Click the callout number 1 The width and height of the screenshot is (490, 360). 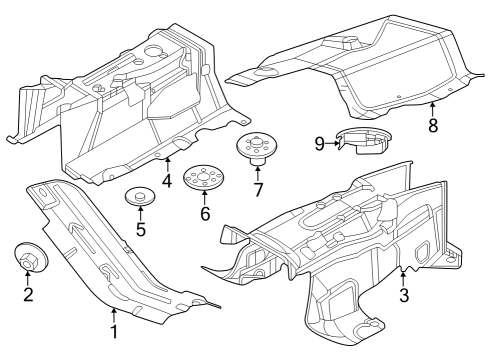(x=114, y=332)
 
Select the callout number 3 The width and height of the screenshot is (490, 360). (x=403, y=295)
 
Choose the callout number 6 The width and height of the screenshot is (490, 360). (x=206, y=213)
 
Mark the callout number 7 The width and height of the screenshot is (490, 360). (x=257, y=189)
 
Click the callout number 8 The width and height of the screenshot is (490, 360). (x=433, y=126)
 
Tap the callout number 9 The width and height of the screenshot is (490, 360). (x=319, y=144)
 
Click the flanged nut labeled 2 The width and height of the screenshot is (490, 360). (x=29, y=257)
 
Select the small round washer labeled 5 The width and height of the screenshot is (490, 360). (x=139, y=196)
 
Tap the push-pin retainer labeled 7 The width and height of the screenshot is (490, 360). (x=256, y=151)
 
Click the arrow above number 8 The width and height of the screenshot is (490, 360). (x=433, y=108)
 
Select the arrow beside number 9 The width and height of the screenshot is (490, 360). (x=332, y=144)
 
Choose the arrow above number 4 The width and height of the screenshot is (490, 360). (x=168, y=164)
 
